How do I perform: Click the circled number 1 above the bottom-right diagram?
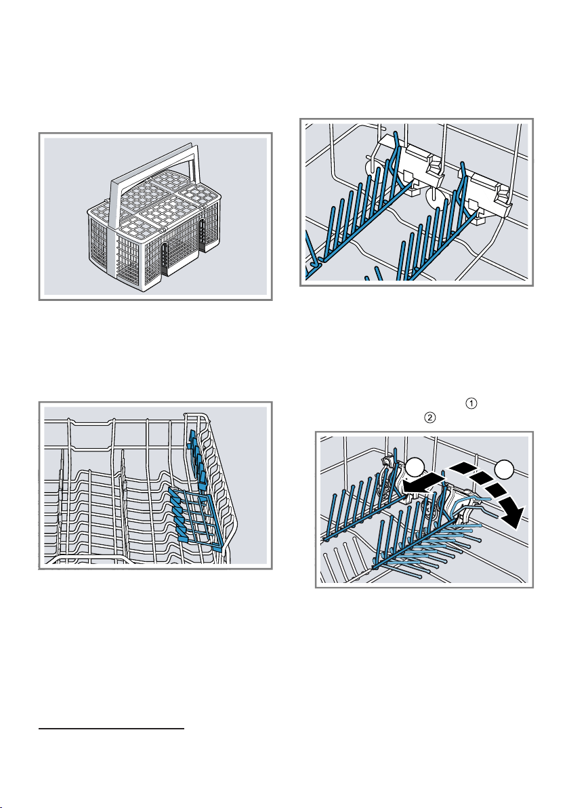471,403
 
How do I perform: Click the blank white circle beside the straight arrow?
415,468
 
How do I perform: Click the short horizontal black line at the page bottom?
111,729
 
